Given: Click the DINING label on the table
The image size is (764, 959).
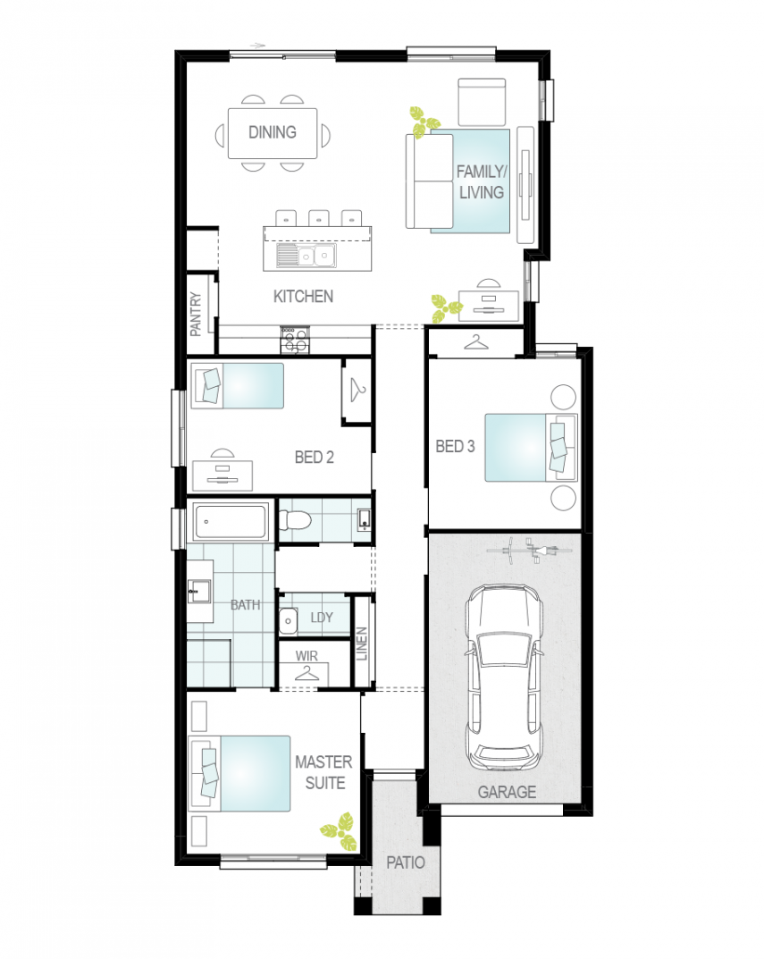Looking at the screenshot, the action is click(273, 132).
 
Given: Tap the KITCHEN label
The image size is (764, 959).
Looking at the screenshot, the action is click(303, 297).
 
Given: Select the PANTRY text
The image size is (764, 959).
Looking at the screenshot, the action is click(196, 314).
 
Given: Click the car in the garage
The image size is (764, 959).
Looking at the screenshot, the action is click(503, 677).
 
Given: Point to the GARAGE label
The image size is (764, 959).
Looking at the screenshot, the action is click(507, 792).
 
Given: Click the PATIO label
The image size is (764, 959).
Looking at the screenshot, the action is click(406, 862).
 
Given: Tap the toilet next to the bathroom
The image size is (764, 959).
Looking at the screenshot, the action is click(295, 520).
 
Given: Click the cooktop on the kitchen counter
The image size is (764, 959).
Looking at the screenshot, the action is click(295, 341).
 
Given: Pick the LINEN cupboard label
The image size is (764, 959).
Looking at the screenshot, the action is click(362, 644).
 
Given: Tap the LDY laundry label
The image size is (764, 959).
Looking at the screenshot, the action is click(322, 617).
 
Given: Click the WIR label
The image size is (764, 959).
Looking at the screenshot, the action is click(306, 656).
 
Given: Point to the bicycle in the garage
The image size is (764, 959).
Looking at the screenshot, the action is click(529, 551).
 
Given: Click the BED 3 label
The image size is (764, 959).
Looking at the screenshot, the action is click(455, 447).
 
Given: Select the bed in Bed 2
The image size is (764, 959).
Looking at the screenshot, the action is click(238, 386).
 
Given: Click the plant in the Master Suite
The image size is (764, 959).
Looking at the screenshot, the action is click(340, 831).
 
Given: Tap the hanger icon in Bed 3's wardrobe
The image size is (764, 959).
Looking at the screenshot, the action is click(476, 342).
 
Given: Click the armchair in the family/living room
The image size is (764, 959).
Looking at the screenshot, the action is click(482, 102).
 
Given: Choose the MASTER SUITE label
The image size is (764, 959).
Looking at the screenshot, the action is click(324, 772).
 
